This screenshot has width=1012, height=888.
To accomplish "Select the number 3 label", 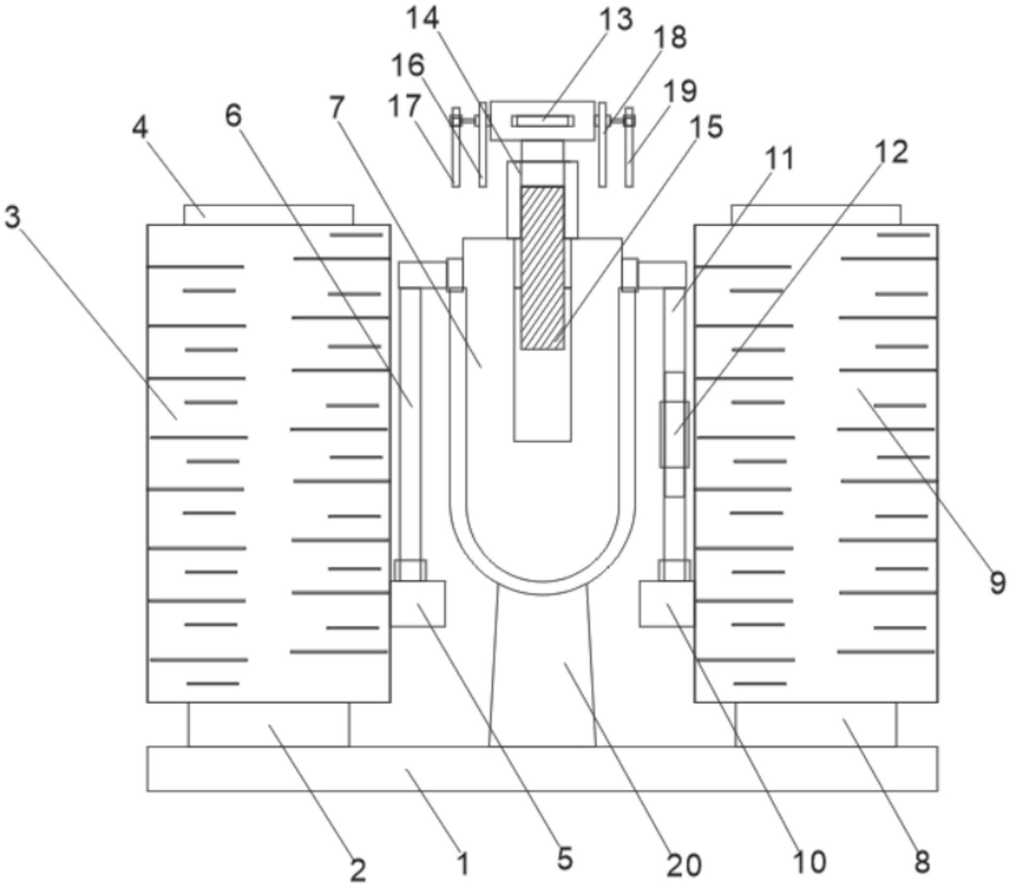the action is coord(12,217).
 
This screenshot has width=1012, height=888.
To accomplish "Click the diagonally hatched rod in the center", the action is coord(542,268).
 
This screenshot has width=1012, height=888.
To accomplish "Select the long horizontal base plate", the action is coord(542,768).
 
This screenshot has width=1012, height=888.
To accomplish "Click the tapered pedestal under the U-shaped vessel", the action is coord(542,666).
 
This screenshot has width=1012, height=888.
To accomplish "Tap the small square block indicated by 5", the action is coord(418,603).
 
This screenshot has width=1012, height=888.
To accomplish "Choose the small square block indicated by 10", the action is coord(667,604).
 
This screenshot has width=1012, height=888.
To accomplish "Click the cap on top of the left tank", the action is coord(269,215).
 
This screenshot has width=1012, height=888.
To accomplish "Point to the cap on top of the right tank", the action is coord(816,215).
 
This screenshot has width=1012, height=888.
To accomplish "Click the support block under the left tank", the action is coord(269,725).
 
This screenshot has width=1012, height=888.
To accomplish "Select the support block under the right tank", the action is coord(816,725).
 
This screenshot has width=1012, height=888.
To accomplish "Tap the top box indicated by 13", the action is coord(542,121).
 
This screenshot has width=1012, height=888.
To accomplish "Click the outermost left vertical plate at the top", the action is coord(456,147).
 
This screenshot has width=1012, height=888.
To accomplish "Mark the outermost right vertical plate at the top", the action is coord(629,147).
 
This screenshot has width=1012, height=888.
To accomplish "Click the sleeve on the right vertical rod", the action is coord(674,434).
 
